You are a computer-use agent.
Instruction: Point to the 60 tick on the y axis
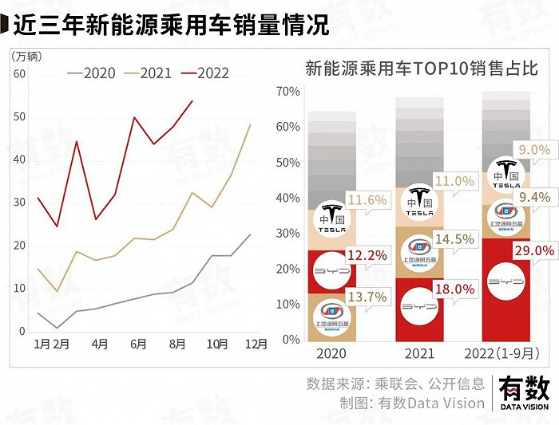click(x=20, y=74)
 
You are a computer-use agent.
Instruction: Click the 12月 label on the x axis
click(x=256, y=344)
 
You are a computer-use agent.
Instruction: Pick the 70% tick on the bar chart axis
click(x=287, y=92)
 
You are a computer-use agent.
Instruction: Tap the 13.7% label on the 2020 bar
click(x=367, y=297)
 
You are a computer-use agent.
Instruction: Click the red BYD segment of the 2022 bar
click(x=506, y=287)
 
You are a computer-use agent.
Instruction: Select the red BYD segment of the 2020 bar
click(x=332, y=272)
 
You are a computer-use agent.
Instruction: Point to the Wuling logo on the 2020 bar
click(x=331, y=316)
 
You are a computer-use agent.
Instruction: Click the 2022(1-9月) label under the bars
click(x=506, y=353)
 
